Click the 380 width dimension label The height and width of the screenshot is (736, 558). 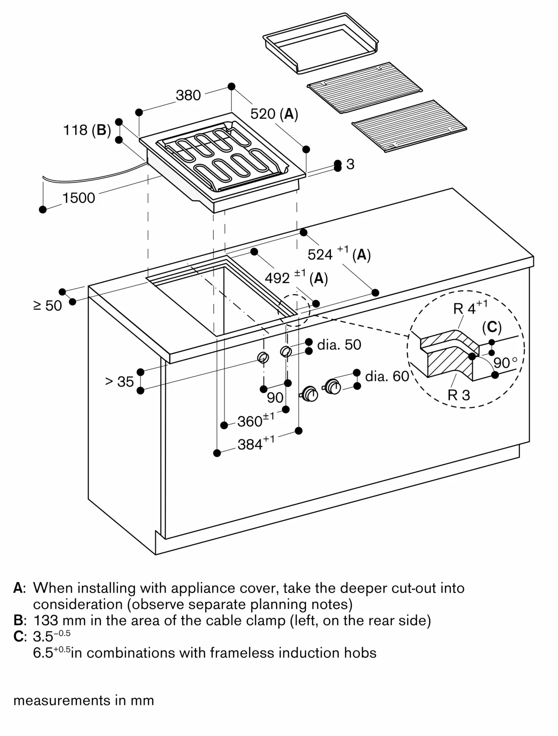coord(188,95)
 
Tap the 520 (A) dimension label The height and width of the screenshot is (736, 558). coord(274,114)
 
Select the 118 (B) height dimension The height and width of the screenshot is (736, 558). coord(87,130)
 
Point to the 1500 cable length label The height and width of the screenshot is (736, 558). coord(78,198)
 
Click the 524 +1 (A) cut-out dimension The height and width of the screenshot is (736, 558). coord(339,254)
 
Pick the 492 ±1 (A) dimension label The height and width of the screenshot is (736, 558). coord(296,278)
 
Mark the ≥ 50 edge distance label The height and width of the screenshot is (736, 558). coord(48,305)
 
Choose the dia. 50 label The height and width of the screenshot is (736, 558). coord(339,345)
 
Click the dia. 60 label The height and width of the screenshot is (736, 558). coord(387,376)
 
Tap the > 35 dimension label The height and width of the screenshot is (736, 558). coord(119,382)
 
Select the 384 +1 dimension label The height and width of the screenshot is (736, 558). coord(255,444)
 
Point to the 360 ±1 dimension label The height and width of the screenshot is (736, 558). coord(255,421)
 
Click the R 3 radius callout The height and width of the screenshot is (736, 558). coord(459,395)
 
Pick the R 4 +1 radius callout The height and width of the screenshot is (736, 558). coord(470,308)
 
